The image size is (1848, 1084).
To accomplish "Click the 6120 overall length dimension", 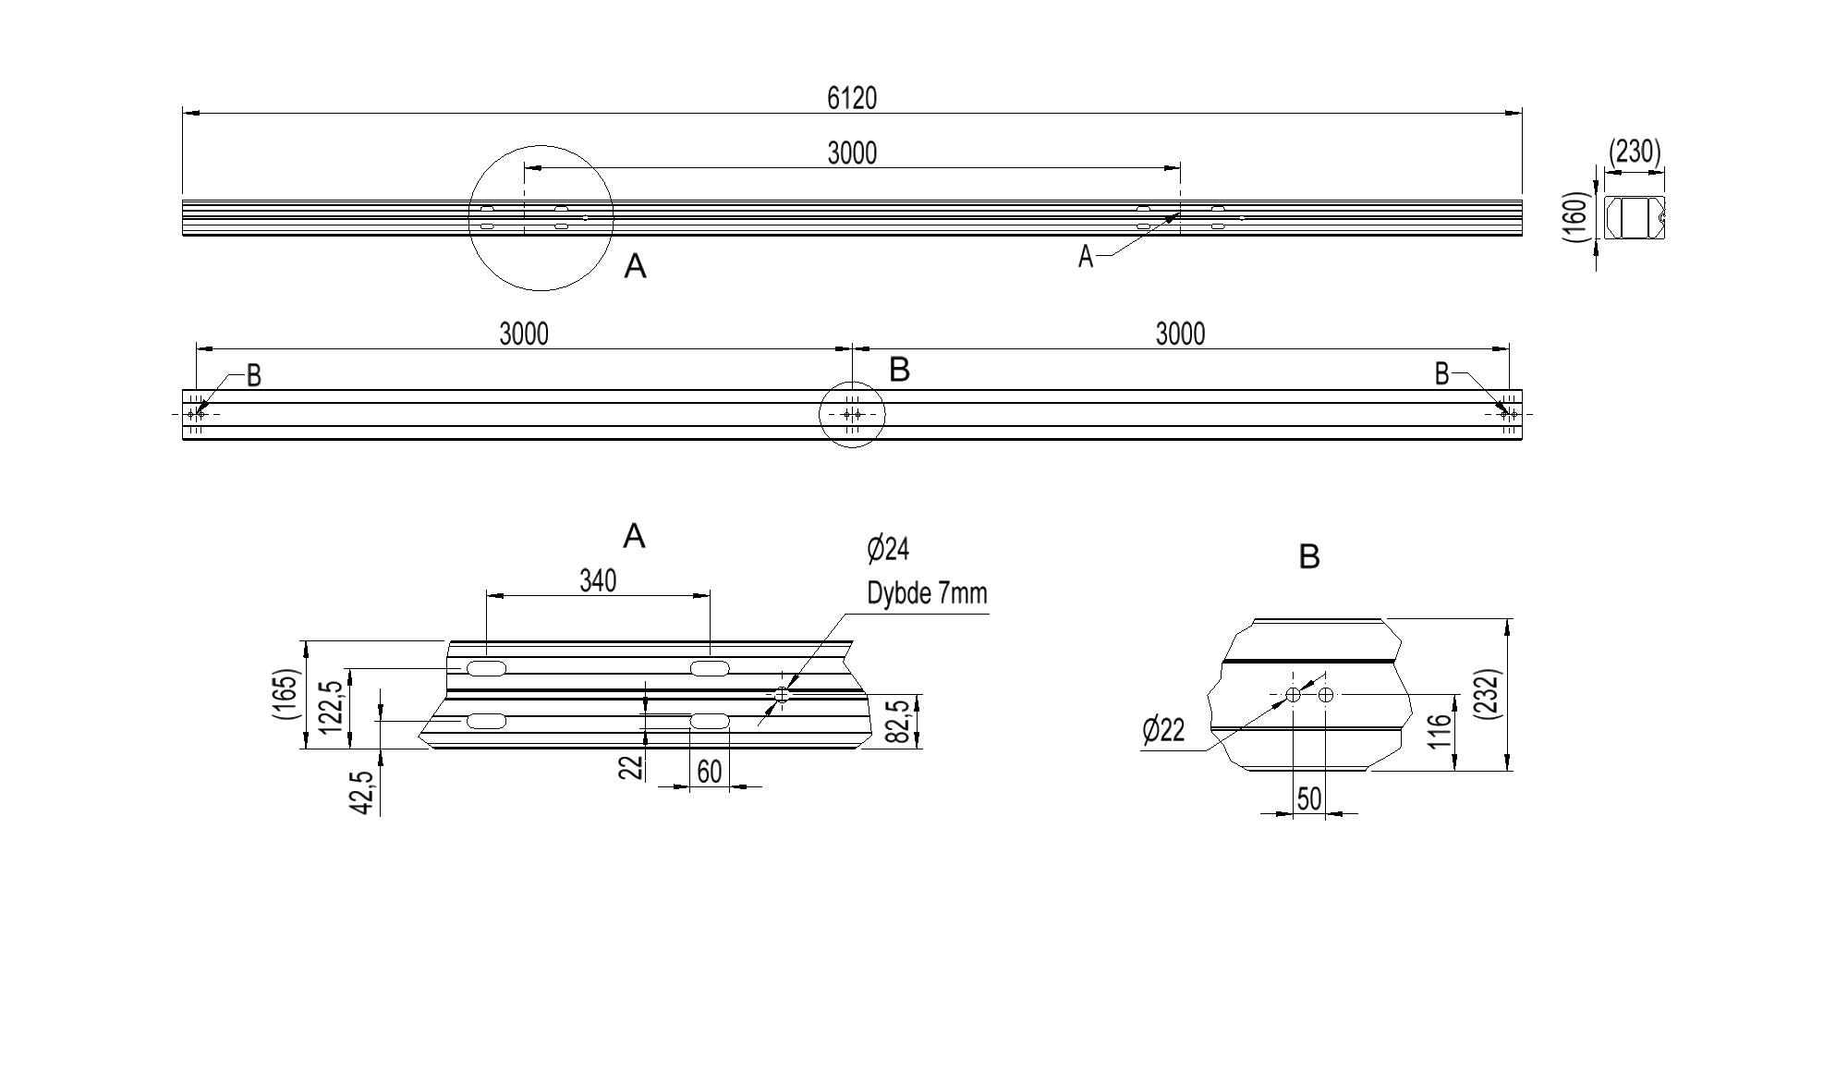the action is tap(851, 98).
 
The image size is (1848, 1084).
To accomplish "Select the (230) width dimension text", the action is tap(1635, 152).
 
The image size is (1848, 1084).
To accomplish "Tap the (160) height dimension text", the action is tap(1577, 218).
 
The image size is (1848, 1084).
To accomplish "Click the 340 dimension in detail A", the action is tap(598, 580).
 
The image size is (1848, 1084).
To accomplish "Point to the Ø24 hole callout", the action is tap(888, 549).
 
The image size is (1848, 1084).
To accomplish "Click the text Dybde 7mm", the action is tap(927, 593).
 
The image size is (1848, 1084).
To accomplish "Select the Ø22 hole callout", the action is tap(1163, 730).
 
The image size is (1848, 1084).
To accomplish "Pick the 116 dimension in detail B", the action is tap(1440, 732).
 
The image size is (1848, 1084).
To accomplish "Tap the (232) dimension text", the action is tap(1489, 694).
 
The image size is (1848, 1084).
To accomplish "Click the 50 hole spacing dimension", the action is tap(1309, 799).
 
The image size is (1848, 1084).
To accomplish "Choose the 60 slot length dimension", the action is tap(709, 772).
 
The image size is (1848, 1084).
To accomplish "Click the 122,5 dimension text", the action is tap(332, 707).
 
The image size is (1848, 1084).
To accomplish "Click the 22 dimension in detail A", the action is tap(630, 767).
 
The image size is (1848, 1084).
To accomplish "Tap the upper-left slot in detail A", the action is tap(486, 668).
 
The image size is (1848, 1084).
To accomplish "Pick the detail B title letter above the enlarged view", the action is tap(1309, 557).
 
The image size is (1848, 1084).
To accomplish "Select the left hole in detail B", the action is tap(1293, 695).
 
